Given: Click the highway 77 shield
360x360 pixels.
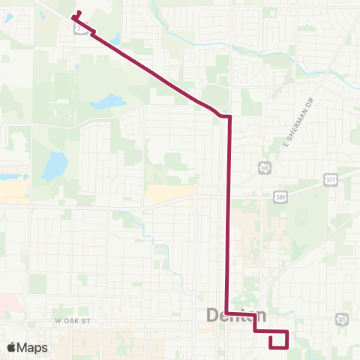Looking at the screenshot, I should point(79,28).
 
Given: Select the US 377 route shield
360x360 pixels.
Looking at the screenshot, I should point(330,180).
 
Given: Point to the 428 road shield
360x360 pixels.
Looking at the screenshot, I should point(265,166).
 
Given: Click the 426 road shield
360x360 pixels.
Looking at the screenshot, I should point(341,318).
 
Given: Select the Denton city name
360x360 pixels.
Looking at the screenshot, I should point(235,316).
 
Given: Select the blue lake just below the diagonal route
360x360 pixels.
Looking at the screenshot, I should point(107,101).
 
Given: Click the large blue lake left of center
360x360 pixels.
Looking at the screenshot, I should point(54,166).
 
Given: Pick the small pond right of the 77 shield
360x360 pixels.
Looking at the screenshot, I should point(114,37).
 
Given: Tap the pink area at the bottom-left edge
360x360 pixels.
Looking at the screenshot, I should point(6,304).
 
